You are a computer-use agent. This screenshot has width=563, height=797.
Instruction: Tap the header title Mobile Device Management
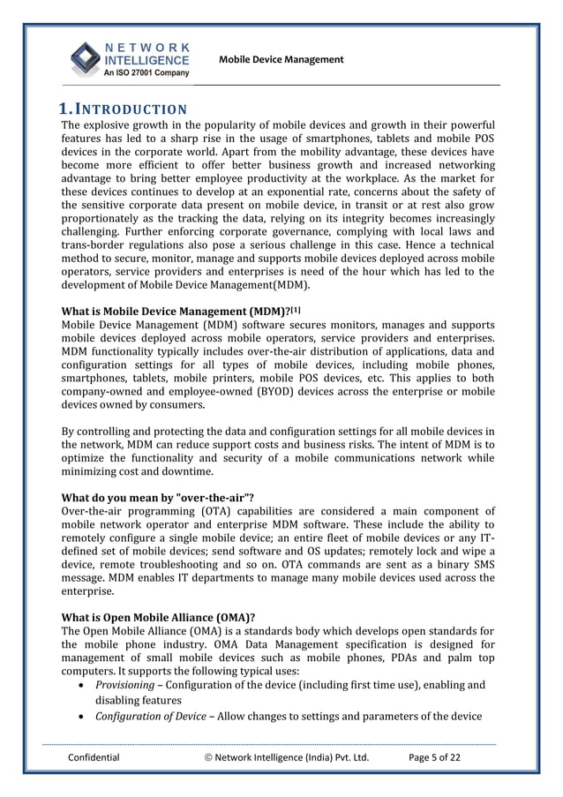tap(281, 59)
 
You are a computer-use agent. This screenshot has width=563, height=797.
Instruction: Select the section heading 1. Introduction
tap(123, 109)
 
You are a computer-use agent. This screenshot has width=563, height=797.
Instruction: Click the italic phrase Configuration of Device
tap(150, 715)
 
